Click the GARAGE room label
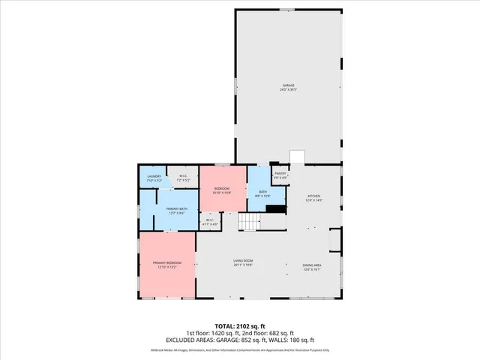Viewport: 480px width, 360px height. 289,85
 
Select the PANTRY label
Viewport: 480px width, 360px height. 280,173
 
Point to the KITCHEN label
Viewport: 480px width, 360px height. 313,196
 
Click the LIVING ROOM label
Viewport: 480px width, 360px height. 241,260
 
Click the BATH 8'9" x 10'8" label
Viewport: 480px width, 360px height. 263,192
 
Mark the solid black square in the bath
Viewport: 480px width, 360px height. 276,210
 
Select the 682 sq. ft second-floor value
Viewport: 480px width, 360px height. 281,334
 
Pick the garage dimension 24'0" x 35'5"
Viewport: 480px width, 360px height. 289,90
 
